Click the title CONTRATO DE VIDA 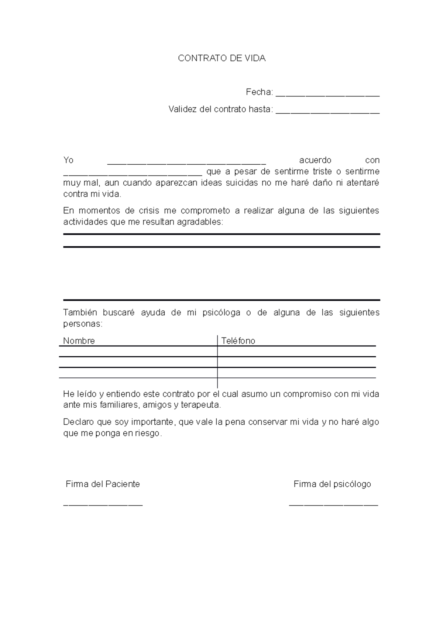coord(221,58)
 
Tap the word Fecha coord(258,92)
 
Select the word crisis coord(149,211)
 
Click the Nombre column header coord(79,341)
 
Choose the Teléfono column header coord(238,341)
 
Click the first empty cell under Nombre coord(138,352)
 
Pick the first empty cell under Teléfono coord(296,352)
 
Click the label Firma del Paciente coord(103,484)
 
